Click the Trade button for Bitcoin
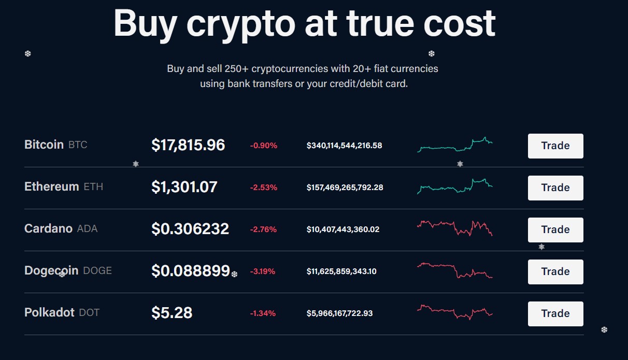click(x=555, y=146)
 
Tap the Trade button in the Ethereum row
click(x=555, y=188)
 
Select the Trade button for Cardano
click(x=555, y=230)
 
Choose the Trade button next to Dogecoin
click(x=555, y=272)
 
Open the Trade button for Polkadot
click(x=555, y=314)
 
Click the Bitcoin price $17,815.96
click(x=188, y=145)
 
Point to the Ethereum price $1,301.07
click(x=184, y=187)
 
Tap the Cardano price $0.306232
click(x=190, y=229)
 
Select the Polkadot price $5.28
click(x=172, y=313)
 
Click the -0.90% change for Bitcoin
click(x=264, y=146)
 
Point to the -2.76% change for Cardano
click(x=264, y=229)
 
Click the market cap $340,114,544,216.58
click(x=344, y=146)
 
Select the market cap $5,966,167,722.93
click(x=339, y=313)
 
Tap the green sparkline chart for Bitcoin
click(x=455, y=146)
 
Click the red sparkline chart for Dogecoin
click(x=455, y=270)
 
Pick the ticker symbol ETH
click(x=93, y=187)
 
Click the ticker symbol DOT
click(x=89, y=313)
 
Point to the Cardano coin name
click(x=48, y=228)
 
